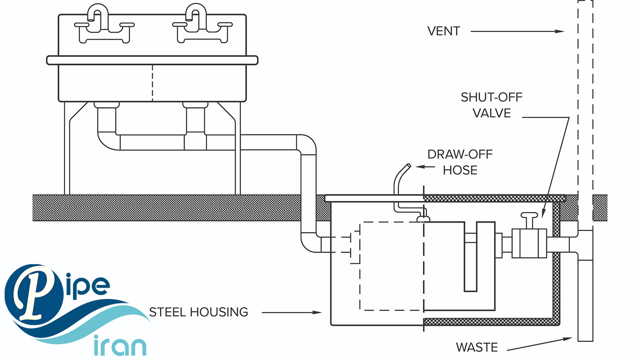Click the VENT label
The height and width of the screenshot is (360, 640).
[x=443, y=31]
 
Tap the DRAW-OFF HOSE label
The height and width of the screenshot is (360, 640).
[x=460, y=162]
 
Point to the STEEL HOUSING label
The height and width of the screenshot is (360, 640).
[x=198, y=312]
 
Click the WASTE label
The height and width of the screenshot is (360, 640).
[x=477, y=347]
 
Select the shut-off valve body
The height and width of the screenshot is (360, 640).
[x=529, y=243]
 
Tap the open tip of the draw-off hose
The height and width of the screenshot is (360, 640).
[x=408, y=165]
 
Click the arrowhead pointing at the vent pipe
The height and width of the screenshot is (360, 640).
[x=561, y=31]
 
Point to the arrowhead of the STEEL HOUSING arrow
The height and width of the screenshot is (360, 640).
[x=318, y=313]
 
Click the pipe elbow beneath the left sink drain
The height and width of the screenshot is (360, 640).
[x=106, y=139]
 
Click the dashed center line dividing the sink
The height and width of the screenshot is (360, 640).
[x=152, y=82]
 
